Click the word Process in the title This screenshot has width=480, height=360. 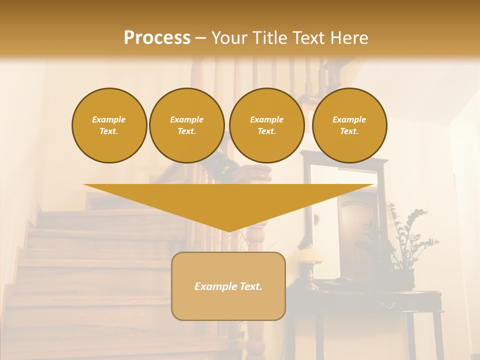click(x=157, y=38)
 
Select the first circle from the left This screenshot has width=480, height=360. click(x=109, y=125)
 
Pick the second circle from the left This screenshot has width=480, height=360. click(x=186, y=125)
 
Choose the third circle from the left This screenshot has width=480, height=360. click(x=266, y=125)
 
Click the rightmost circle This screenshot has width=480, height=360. click(x=349, y=125)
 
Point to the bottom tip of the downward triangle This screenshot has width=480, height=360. click(x=229, y=231)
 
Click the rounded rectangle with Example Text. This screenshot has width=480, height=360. click(x=228, y=286)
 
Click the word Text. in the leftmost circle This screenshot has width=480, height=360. click(x=109, y=131)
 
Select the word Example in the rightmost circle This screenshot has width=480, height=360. click(x=349, y=119)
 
